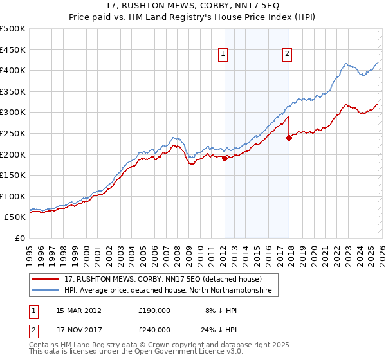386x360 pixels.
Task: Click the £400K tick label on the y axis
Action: coord(13,70)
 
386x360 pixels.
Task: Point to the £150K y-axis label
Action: coord(13,175)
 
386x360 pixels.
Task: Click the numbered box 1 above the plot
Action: coord(223,55)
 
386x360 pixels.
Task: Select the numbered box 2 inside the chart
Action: coord(286,55)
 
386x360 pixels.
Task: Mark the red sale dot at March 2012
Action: coord(225,159)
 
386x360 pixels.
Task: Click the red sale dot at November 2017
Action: coord(289,137)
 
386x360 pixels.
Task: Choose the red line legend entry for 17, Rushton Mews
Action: coord(163,279)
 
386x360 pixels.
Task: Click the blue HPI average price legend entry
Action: coord(168,291)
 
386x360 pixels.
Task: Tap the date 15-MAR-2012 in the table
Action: coord(78,310)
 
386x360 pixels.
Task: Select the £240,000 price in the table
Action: coord(153,329)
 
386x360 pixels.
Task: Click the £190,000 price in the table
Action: coord(153,310)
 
